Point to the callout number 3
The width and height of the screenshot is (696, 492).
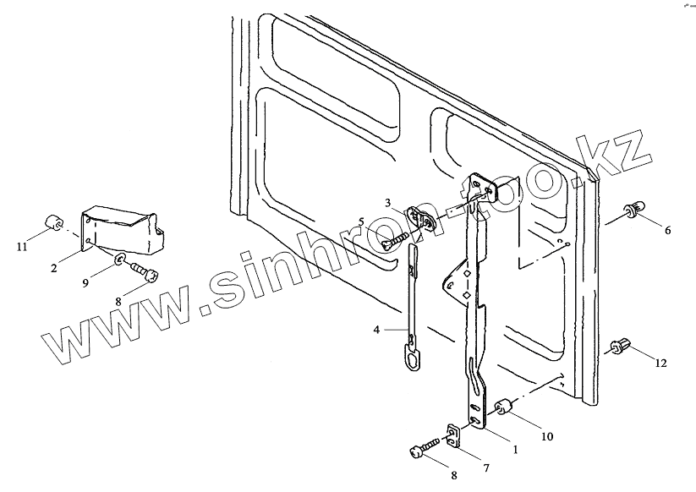(387, 203)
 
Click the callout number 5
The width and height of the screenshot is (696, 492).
(361, 222)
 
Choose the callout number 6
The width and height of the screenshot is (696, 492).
(667, 230)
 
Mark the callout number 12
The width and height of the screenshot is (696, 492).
(660, 364)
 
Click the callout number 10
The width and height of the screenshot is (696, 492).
(547, 437)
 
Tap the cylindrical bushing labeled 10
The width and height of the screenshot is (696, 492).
(501, 408)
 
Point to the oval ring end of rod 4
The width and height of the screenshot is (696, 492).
(411, 360)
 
